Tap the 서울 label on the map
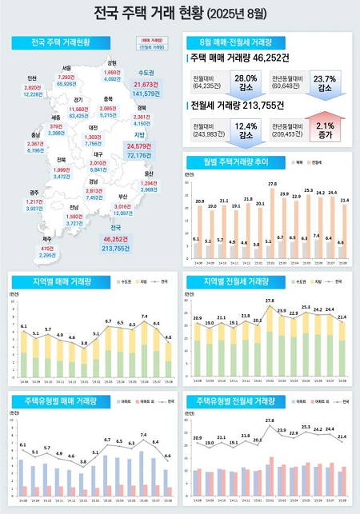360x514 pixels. (67, 68)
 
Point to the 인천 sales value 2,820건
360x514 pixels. (33, 87)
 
